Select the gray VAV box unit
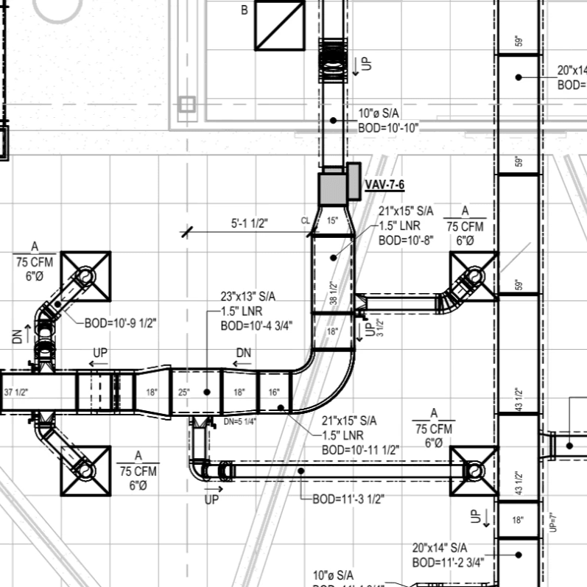click(x=333, y=189)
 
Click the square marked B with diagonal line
click(x=280, y=25)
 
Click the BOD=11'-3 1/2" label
click(x=348, y=499)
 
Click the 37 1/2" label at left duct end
click(x=15, y=393)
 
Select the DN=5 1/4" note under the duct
click(x=241, y=422)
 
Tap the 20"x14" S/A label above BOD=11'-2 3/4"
click(x=440, y=548)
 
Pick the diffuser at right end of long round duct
click(x=475, y=470)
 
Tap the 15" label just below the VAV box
click(x=332, y=221)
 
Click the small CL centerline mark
click(x=305, y=221)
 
